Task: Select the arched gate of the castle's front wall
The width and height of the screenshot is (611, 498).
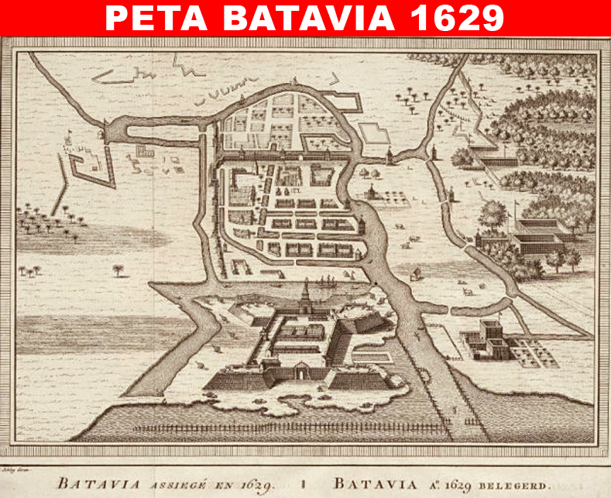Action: pos(300,373)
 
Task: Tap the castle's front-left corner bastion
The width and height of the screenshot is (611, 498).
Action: pos(233,378)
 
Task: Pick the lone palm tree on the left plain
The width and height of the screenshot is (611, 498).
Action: pos(118,270)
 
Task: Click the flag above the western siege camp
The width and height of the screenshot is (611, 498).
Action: pos(68,133)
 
